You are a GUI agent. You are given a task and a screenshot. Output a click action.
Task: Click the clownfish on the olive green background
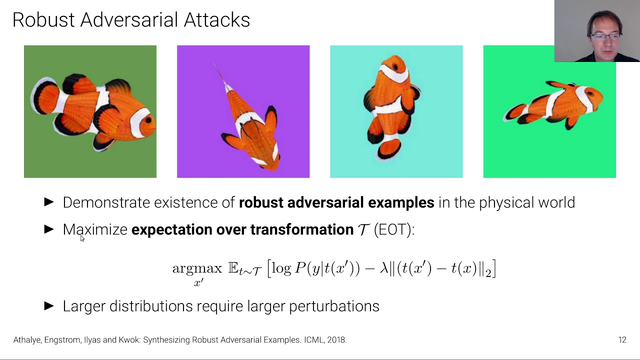92,112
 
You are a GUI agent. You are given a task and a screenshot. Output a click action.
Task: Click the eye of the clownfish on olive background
148,120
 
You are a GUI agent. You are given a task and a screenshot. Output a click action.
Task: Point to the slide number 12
622,340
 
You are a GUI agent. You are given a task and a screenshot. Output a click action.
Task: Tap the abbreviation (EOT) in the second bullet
394,229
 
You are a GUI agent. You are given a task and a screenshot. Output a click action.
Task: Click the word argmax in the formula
197,268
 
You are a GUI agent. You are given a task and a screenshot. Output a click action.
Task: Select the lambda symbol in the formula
384,268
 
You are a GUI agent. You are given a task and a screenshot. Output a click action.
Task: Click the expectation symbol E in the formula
233,268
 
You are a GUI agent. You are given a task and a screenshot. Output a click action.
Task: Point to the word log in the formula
281,268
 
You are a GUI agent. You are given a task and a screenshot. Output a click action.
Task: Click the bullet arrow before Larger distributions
49,306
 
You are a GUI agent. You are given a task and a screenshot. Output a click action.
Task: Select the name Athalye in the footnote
27,340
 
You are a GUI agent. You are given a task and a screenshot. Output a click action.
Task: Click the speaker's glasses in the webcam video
605,36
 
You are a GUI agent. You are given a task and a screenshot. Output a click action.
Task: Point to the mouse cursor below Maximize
82,238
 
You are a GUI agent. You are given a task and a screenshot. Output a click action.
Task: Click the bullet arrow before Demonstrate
49,202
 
